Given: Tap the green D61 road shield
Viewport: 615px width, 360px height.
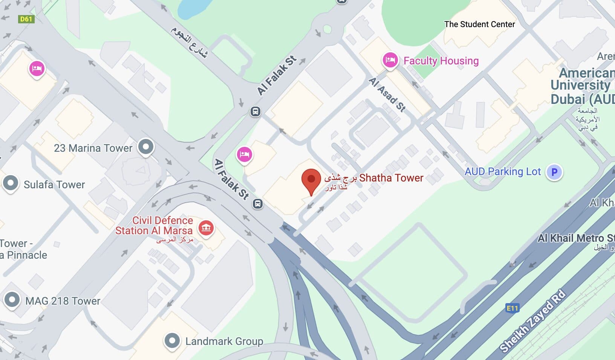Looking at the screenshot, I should click(x=26, y=19).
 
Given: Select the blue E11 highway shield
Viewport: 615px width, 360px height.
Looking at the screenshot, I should click(x=512, y=308).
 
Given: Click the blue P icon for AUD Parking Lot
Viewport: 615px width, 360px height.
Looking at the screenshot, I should click(x=554, y=172).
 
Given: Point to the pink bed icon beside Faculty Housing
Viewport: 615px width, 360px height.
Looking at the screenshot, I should click(x=390, y=59).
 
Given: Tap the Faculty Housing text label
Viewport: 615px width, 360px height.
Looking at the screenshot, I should click(x=441, y=61).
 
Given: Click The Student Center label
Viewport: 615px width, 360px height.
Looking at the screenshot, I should click(x=479, y=24).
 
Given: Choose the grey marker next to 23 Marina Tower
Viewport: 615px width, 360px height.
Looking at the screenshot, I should click(x=146, y=146).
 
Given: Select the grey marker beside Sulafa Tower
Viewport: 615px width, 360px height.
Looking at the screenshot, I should click(x=11, y=183).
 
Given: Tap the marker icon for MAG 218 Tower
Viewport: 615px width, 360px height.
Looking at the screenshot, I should click(x=12, y=300).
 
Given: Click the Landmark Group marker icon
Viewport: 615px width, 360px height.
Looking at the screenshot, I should click(x=172, y=340).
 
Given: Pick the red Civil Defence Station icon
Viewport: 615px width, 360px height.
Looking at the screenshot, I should click(x=206, y=227).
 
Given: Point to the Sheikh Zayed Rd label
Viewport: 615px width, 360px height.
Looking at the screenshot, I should click(x=532, y=321).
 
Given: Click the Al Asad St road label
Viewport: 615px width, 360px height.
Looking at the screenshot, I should click(x=387, y=94).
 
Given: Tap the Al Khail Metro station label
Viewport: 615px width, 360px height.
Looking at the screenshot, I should click(x=576, y=238).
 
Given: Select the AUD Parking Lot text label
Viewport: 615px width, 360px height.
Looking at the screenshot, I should click(x=502, y=172).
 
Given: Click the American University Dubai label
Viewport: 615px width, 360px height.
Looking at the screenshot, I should click(x=582, y=86).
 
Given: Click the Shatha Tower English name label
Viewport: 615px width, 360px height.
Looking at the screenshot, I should click(x=391, y=178).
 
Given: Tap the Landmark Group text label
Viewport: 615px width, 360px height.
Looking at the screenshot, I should click(x=224, y=341).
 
